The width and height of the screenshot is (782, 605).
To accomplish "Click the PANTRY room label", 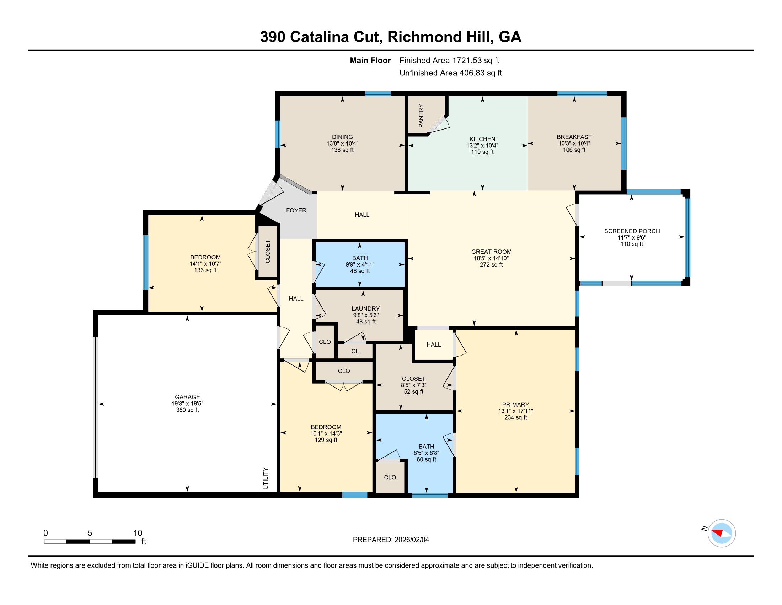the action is click(421, 116).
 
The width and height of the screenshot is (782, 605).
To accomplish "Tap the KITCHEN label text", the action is click(482, 139).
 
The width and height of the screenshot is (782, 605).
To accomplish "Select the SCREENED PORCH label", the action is click(632, 231).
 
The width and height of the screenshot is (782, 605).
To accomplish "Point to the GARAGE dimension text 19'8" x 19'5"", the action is click(187, 404).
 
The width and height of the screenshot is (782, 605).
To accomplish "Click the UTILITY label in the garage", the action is click(266, 478).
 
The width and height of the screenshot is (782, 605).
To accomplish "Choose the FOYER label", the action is click(296, 210).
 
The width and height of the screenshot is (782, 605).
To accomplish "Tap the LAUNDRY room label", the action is click(365, 309).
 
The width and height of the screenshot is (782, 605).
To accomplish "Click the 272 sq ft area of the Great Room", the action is click(491, 265).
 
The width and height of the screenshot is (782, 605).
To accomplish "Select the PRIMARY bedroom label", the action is click(516, 405).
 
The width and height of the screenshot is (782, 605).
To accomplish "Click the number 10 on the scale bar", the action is click(138, 533).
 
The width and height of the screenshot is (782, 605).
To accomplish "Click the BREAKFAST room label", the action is click(574, 137).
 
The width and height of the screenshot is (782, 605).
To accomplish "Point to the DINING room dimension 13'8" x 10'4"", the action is click(342, 143).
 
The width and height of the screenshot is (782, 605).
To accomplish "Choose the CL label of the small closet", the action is click(355, 352).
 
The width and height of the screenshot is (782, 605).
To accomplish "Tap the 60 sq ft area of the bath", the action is click(426, 459).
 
